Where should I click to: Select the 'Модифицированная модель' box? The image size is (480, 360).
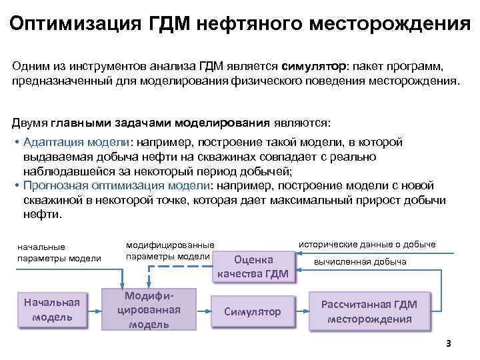pyautogui.click(x=149, y=309)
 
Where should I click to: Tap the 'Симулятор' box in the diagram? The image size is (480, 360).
pyautogui.click(x=252, y=311)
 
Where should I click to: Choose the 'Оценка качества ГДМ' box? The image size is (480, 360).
pyautogui.click(x=253, y=266)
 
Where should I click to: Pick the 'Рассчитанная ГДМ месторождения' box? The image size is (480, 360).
pyautogui.click(x=369, y=311)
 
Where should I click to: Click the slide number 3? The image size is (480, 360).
pyautogui.click(x=449, y=344)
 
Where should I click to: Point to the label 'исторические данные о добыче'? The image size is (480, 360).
pyautogui.click(x=367, y=244)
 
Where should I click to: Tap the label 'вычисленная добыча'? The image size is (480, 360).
pyautogui.click(x=360, y=261)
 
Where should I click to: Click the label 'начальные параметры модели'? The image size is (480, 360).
pyautogui.click(x=59, y=253)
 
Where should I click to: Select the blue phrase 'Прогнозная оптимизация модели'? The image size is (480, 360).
pyautogui.click(x=117, y=185)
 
